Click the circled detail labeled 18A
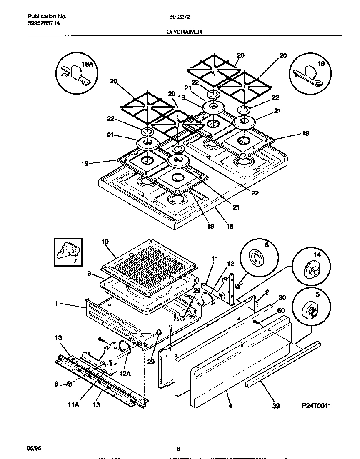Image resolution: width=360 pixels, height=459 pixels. point(76,72)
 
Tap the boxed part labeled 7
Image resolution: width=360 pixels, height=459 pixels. point(68,252)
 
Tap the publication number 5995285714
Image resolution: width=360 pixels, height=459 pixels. point(44,23)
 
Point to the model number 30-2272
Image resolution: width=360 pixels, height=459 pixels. point(180,17)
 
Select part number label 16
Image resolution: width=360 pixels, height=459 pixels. point(230,227)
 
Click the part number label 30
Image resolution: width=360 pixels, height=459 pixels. point(282,297)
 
